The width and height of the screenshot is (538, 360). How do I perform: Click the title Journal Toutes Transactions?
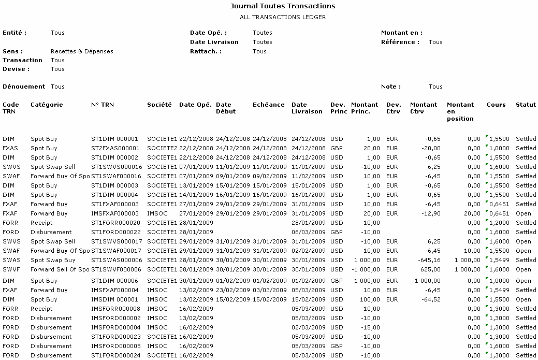click(x=282, y=6)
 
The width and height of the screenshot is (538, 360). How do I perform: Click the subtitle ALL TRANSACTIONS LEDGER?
click(x=283, y=17)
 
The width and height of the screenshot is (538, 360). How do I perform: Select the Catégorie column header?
click(x=47, y=105)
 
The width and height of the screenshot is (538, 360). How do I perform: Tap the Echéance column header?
click(x=269, y=105)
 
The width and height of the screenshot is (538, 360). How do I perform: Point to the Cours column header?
click(x=496, y=105)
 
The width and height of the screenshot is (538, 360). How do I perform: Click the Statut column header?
click(x=526, y=105)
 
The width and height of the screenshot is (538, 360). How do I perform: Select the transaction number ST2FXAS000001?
click(x=115, y=148)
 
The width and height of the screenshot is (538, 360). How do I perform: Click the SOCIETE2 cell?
click(x=162, y=148)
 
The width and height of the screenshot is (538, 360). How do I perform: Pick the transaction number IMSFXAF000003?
click(x=115, y=213)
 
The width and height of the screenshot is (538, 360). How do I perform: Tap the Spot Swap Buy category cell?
click(x=53, y=260)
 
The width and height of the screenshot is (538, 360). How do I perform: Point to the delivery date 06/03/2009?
click(x=309, y=232)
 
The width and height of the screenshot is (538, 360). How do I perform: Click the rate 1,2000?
click(x=499, y=223)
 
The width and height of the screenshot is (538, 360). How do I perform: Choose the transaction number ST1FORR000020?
click(x=115, y=223)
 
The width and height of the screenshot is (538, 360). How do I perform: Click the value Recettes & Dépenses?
click(x=82, y=51)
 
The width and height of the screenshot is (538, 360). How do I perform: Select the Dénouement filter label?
click(x=24, y=87)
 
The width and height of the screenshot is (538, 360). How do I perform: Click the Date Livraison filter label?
click(x=214, y=42)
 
